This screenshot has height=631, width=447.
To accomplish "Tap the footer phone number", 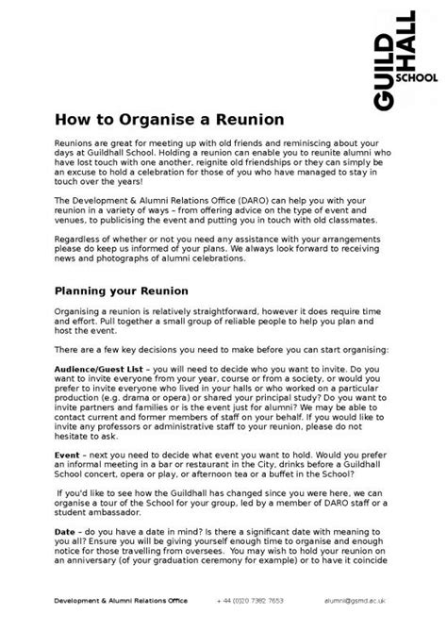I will pyautogui.click(x=249, y=600).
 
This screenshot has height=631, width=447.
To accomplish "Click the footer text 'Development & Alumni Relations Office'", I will pyautogui.click(x=120, y=600).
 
